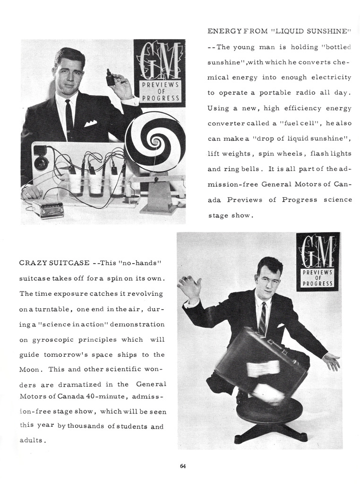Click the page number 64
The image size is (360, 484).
coord(183,467)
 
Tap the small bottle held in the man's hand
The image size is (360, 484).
coord(111,78)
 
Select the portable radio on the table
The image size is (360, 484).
coord(48,208)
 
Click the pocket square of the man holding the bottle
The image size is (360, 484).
coord(91,123)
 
